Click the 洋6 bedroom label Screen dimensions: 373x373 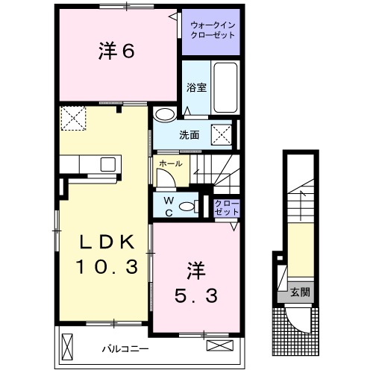click(116, 52)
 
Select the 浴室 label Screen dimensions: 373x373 click(196, 87)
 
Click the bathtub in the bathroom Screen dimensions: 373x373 click(225, 87)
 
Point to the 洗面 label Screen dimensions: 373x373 click(189, 136)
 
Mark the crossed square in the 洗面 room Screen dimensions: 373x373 click(221, 135)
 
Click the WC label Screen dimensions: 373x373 click(168, 206)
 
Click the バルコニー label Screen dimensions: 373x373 click(125, 348)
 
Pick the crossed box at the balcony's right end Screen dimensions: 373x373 click(219, 345)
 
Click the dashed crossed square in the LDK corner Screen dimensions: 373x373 click(73, 117)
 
